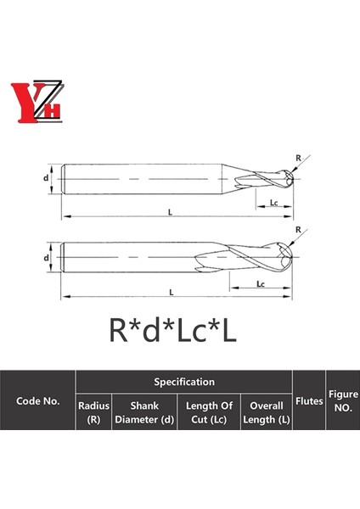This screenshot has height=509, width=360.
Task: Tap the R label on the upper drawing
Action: [x=298, y=158]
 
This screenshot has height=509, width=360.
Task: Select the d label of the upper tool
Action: [x=47, y=178]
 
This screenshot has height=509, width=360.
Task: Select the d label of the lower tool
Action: [x=47, y=256]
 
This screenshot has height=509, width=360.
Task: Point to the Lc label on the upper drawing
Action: [x=273, y=204]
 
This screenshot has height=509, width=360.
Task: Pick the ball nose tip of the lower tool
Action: [x=291, y=251]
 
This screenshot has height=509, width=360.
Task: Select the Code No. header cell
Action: [x=38, y=400]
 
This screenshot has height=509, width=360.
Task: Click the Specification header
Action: [x=184, y=383]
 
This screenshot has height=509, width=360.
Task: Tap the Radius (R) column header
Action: [x=93, y=412]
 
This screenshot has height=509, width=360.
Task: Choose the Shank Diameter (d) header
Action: [x=144, y=412]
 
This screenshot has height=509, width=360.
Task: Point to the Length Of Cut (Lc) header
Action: [x=209, y=412]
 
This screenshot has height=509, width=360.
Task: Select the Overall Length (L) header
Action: [x=266, y=412]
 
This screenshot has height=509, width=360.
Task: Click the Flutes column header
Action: [x=309, y=400]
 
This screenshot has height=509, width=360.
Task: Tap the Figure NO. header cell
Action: [x=343, y=400]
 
